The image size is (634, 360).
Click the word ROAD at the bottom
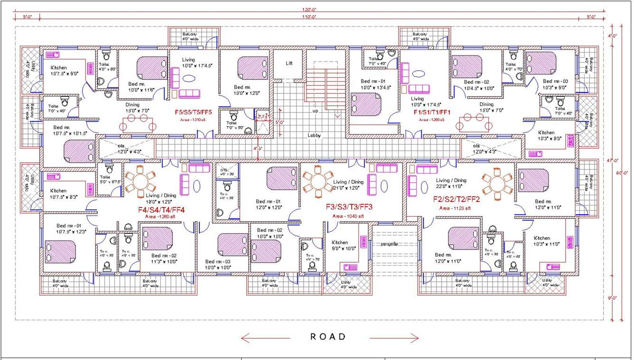(328, 337)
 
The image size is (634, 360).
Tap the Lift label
(289, 63)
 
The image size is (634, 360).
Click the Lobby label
(314, 135)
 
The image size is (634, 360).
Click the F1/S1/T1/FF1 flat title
(432, 112)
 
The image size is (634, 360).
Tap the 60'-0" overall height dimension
(625, 172)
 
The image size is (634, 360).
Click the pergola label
(389, 244)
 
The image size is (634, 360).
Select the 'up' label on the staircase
(315, 111)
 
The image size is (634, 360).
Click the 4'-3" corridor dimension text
(258, 148)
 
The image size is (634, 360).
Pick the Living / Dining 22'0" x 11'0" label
(451, 183)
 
